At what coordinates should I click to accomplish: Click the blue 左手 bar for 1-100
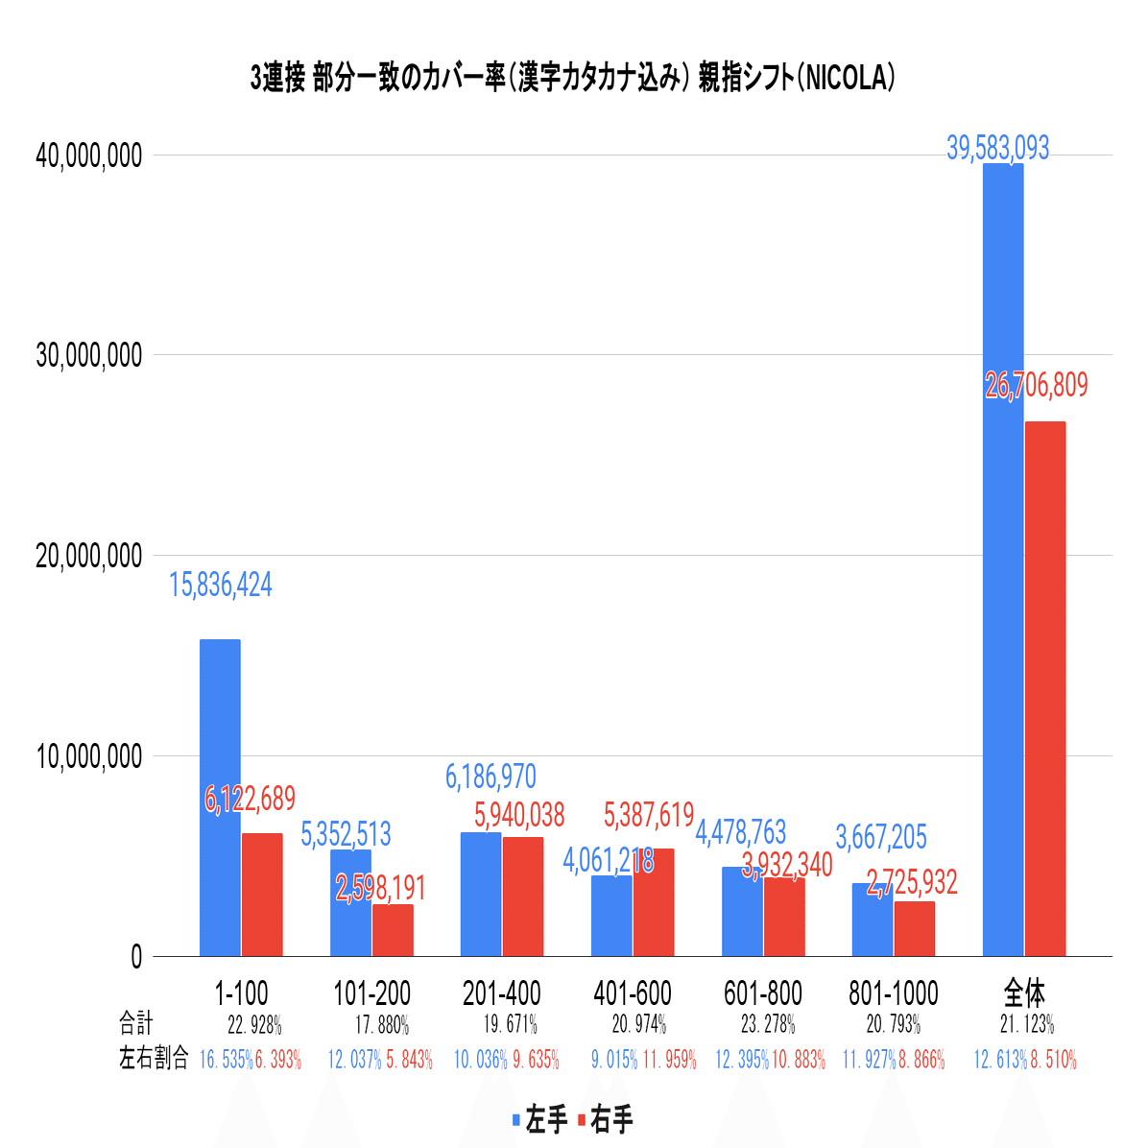click(220, 797)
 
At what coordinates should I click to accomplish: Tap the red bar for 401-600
click(654, 902)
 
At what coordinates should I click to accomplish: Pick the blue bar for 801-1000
click(872, 920)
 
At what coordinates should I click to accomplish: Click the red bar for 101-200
click(393, 930)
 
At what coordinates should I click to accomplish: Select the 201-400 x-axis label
click(502, 993)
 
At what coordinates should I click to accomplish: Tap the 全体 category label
click(1024, 993)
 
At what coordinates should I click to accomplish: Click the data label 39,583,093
click(998, 149)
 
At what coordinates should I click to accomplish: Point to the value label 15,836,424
click(221, 585)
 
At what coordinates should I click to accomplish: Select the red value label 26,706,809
click(1037, 386)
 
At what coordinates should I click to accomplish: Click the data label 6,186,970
click(490, 777)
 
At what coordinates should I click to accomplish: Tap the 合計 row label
click(136, 1023)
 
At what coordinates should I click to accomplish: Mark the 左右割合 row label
click(154, 1060)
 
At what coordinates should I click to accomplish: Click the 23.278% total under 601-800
click(768, 1024)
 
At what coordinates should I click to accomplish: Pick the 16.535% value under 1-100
click(226, 1061)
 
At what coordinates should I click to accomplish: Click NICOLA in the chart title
click(846, 79)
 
